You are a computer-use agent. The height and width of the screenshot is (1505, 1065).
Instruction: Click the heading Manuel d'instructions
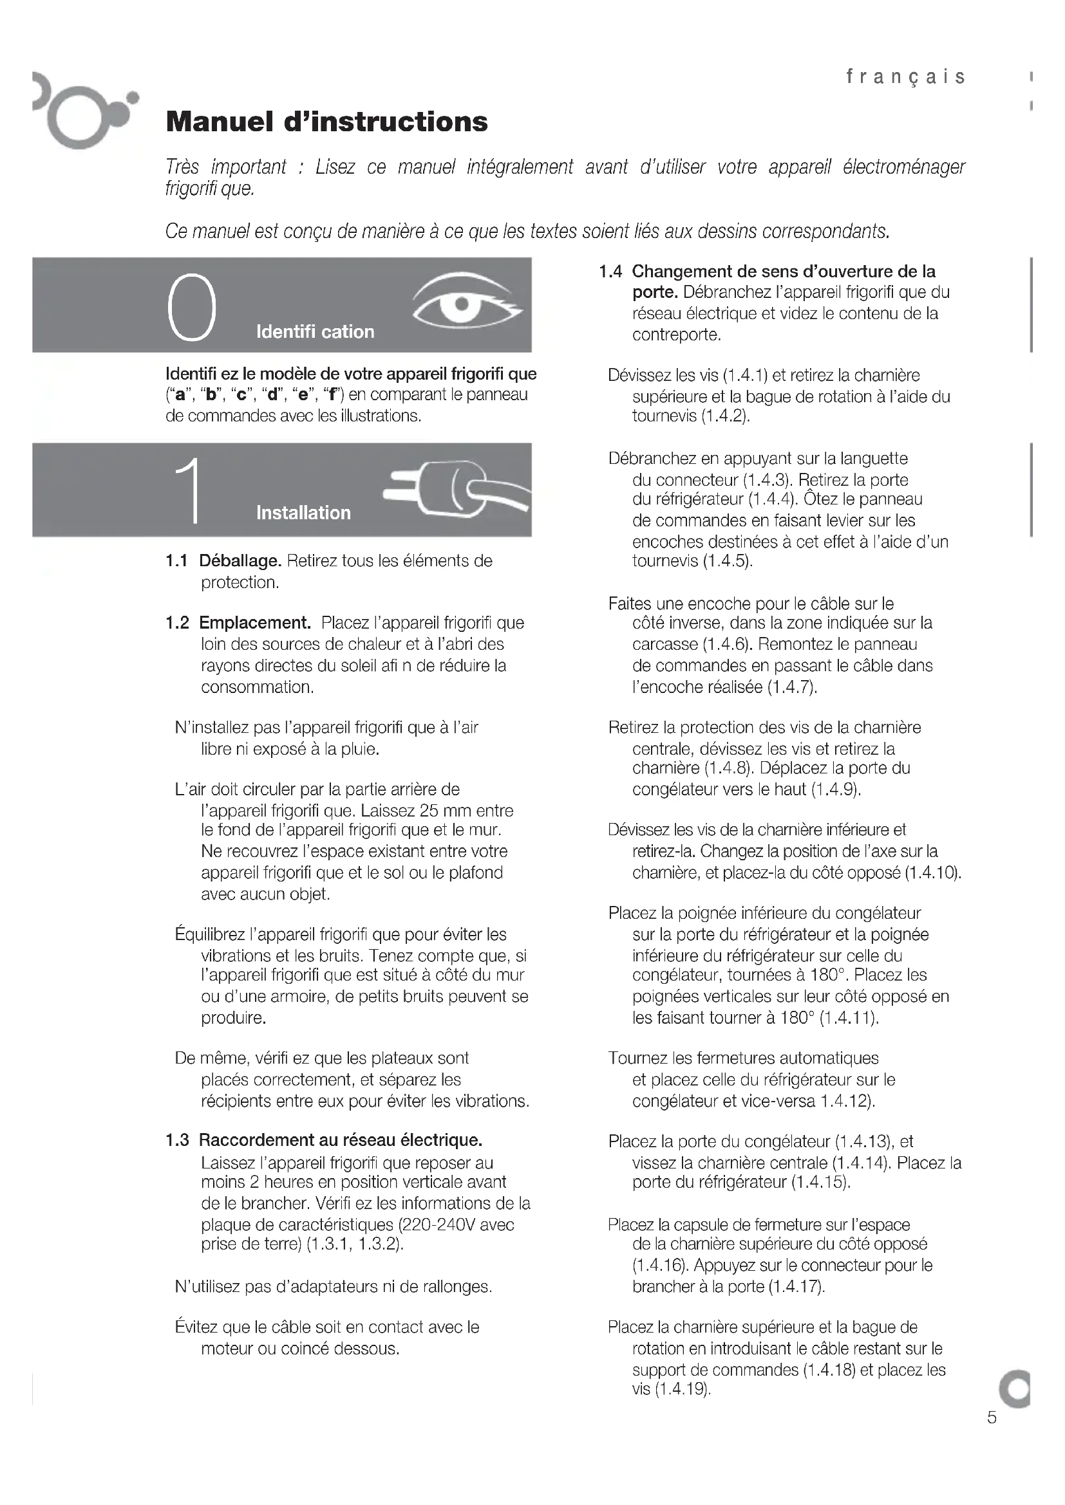[326, 122]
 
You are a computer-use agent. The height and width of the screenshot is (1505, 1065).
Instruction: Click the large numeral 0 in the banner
[191, 308]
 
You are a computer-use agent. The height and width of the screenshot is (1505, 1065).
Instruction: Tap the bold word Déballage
[240, 561]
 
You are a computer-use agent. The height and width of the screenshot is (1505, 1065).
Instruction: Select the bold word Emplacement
[254, 623]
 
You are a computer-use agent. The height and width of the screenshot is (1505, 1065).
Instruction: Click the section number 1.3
[177, 1140]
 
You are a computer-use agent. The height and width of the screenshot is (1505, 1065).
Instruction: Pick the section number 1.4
[610, 272]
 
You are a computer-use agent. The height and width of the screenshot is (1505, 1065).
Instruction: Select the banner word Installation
[303, 513]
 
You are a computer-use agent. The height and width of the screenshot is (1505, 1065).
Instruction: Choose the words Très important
[225, 167]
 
